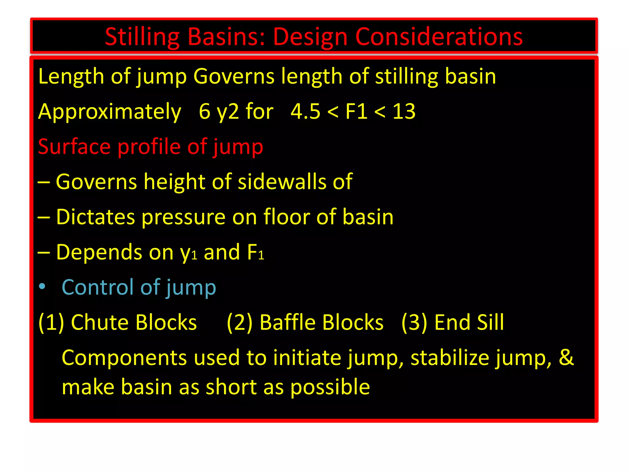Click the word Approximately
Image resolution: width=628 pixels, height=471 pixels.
[109, 112]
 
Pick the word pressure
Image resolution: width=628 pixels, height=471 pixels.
[183, 217]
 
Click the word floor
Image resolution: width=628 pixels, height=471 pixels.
[287, 217]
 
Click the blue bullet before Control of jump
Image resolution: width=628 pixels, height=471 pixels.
[42, 287]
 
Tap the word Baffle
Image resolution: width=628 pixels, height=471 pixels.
[287, 323]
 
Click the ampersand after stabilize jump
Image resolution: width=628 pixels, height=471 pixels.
[566, 358]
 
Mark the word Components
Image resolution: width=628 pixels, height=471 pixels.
[124, 358]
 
